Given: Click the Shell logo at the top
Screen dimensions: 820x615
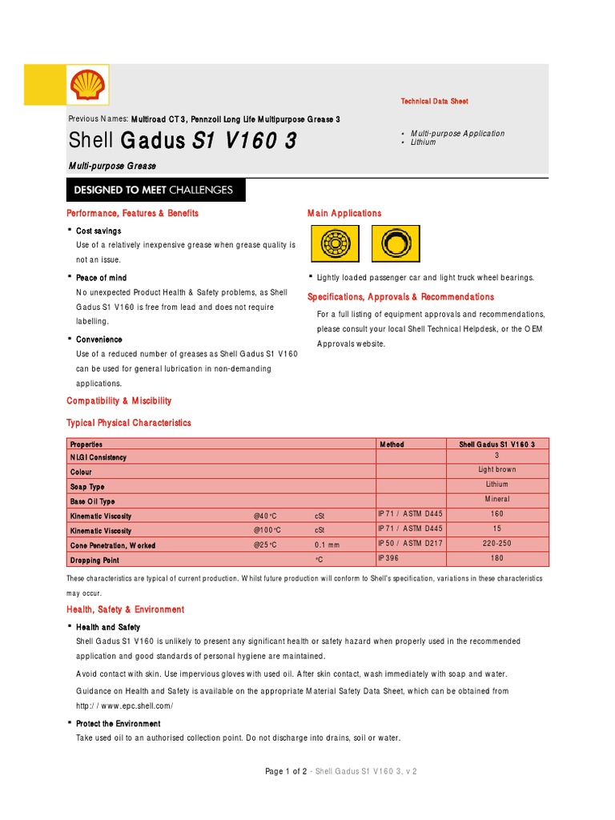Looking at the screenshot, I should [x=88, y=85].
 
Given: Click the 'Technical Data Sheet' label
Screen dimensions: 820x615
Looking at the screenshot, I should [x=434, y=102].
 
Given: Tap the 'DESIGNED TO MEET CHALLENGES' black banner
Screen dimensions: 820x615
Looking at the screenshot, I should [x=155, y=191].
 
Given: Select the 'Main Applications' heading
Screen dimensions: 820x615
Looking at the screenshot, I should [x=344, y=213].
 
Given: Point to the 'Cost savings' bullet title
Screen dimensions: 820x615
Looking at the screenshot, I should [x=98, y=231].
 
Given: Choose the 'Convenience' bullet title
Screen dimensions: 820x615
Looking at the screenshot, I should [x=99, y=340].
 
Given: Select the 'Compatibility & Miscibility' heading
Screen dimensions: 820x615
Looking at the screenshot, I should [x=119, y=400].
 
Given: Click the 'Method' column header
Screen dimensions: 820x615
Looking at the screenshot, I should [x=392, y=444].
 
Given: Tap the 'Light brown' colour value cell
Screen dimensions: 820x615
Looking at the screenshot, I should [x=497, y=470].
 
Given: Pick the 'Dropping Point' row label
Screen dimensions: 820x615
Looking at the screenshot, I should [x=94, y=561].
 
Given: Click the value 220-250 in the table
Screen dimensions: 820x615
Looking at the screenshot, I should [x=497, y=543].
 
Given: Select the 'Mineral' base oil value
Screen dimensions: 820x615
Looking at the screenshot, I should [x=497, y=499].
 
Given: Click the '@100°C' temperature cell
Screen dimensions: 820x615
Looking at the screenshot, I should [x=267, y=531].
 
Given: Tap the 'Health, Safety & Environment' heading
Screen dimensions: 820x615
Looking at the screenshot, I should [x=125, y=609].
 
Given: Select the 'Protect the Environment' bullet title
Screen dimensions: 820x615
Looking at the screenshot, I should [x=118, y=724].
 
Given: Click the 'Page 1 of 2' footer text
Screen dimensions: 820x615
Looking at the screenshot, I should [x=286, y=771].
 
